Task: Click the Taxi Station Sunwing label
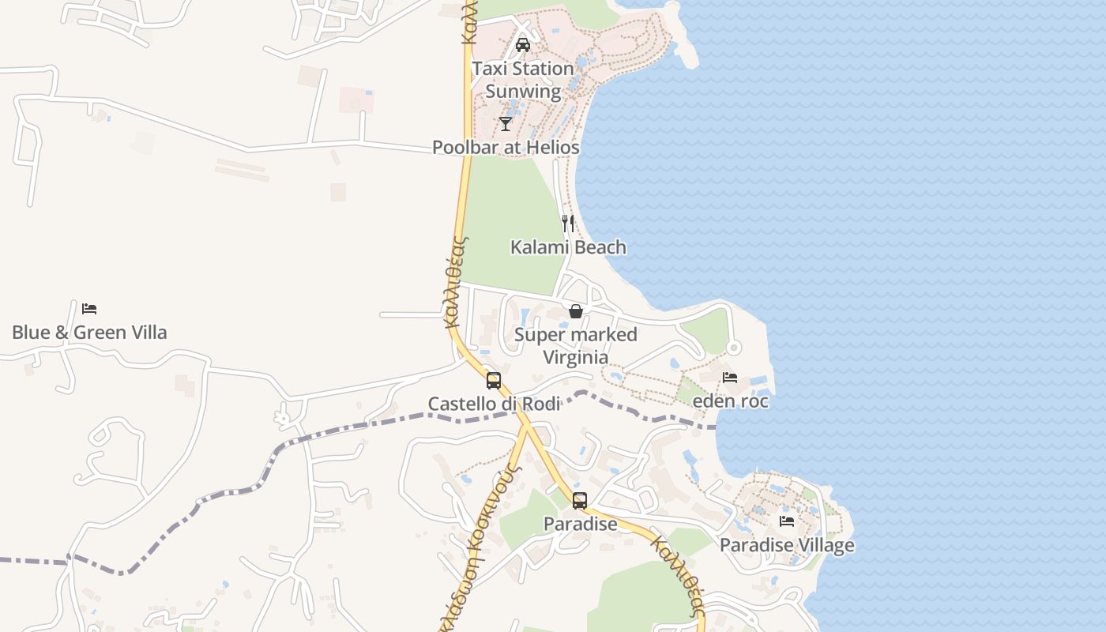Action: coord(523,80)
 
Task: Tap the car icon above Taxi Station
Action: coord(523,45)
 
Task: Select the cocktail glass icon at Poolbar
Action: coord(506,124)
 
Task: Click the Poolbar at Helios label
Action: coord(506,148)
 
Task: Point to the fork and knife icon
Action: coord(568,224)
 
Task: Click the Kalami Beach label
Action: coord(568,247)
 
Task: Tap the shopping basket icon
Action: coord(576,311)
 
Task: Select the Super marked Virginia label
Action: coord(576,346)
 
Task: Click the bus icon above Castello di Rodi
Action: coord(494,381)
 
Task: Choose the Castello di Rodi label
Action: coord(494,404)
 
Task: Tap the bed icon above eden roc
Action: coord(730,378)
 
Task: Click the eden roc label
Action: coord(730,401)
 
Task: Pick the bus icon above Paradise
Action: coord(580,500)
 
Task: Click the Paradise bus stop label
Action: coord(580,524)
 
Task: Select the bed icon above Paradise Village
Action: coord(787,521)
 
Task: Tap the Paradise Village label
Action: coord(787,545)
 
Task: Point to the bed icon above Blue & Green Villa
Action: coord(89,309)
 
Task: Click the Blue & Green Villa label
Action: coord(89,333)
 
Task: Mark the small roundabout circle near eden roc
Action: coord(734,348)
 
